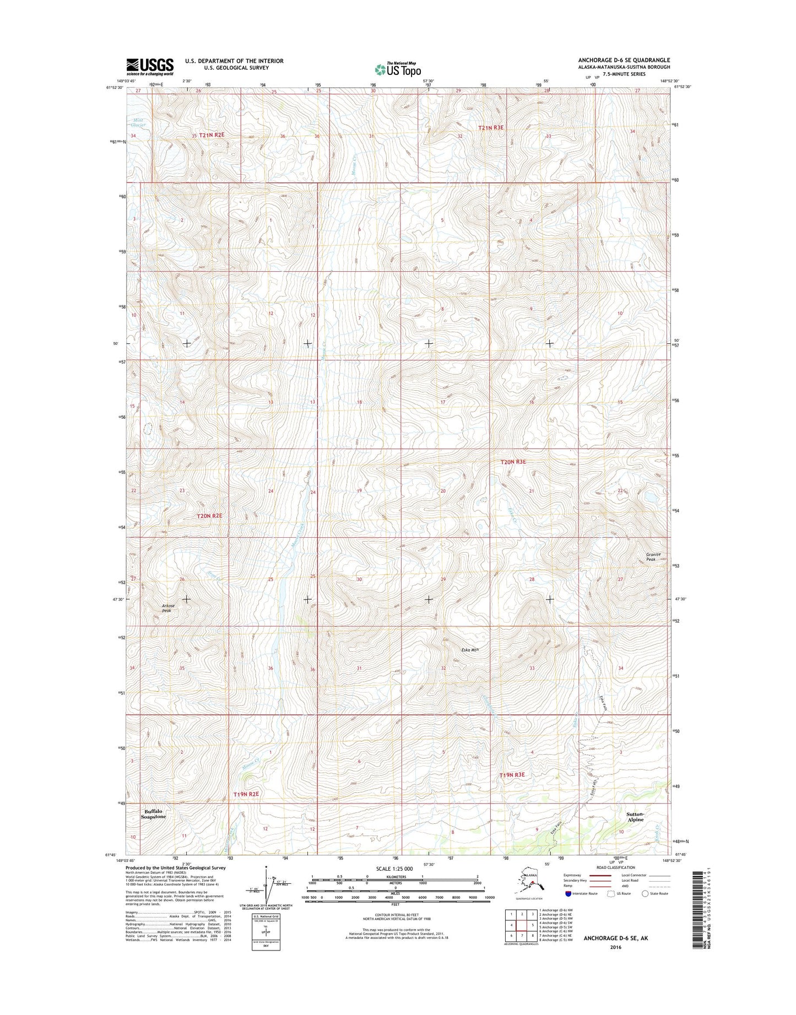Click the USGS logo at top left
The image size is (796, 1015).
click(150, 67)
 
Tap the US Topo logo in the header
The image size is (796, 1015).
click(398, 69)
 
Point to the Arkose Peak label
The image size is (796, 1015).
click(167, 608)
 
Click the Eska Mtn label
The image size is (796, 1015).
click(470, 650)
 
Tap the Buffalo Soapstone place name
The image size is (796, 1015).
click(153, 814)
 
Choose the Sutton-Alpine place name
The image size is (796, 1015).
click(635, 817)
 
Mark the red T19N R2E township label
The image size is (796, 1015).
click(246, 794)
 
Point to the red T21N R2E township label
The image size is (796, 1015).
click(212, 135)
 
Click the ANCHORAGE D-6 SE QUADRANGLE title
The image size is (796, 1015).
click(624, 60)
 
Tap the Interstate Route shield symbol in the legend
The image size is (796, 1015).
click(568, 894)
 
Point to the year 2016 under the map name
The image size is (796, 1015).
click(615, 947)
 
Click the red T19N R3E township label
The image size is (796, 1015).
click(512, 775)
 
